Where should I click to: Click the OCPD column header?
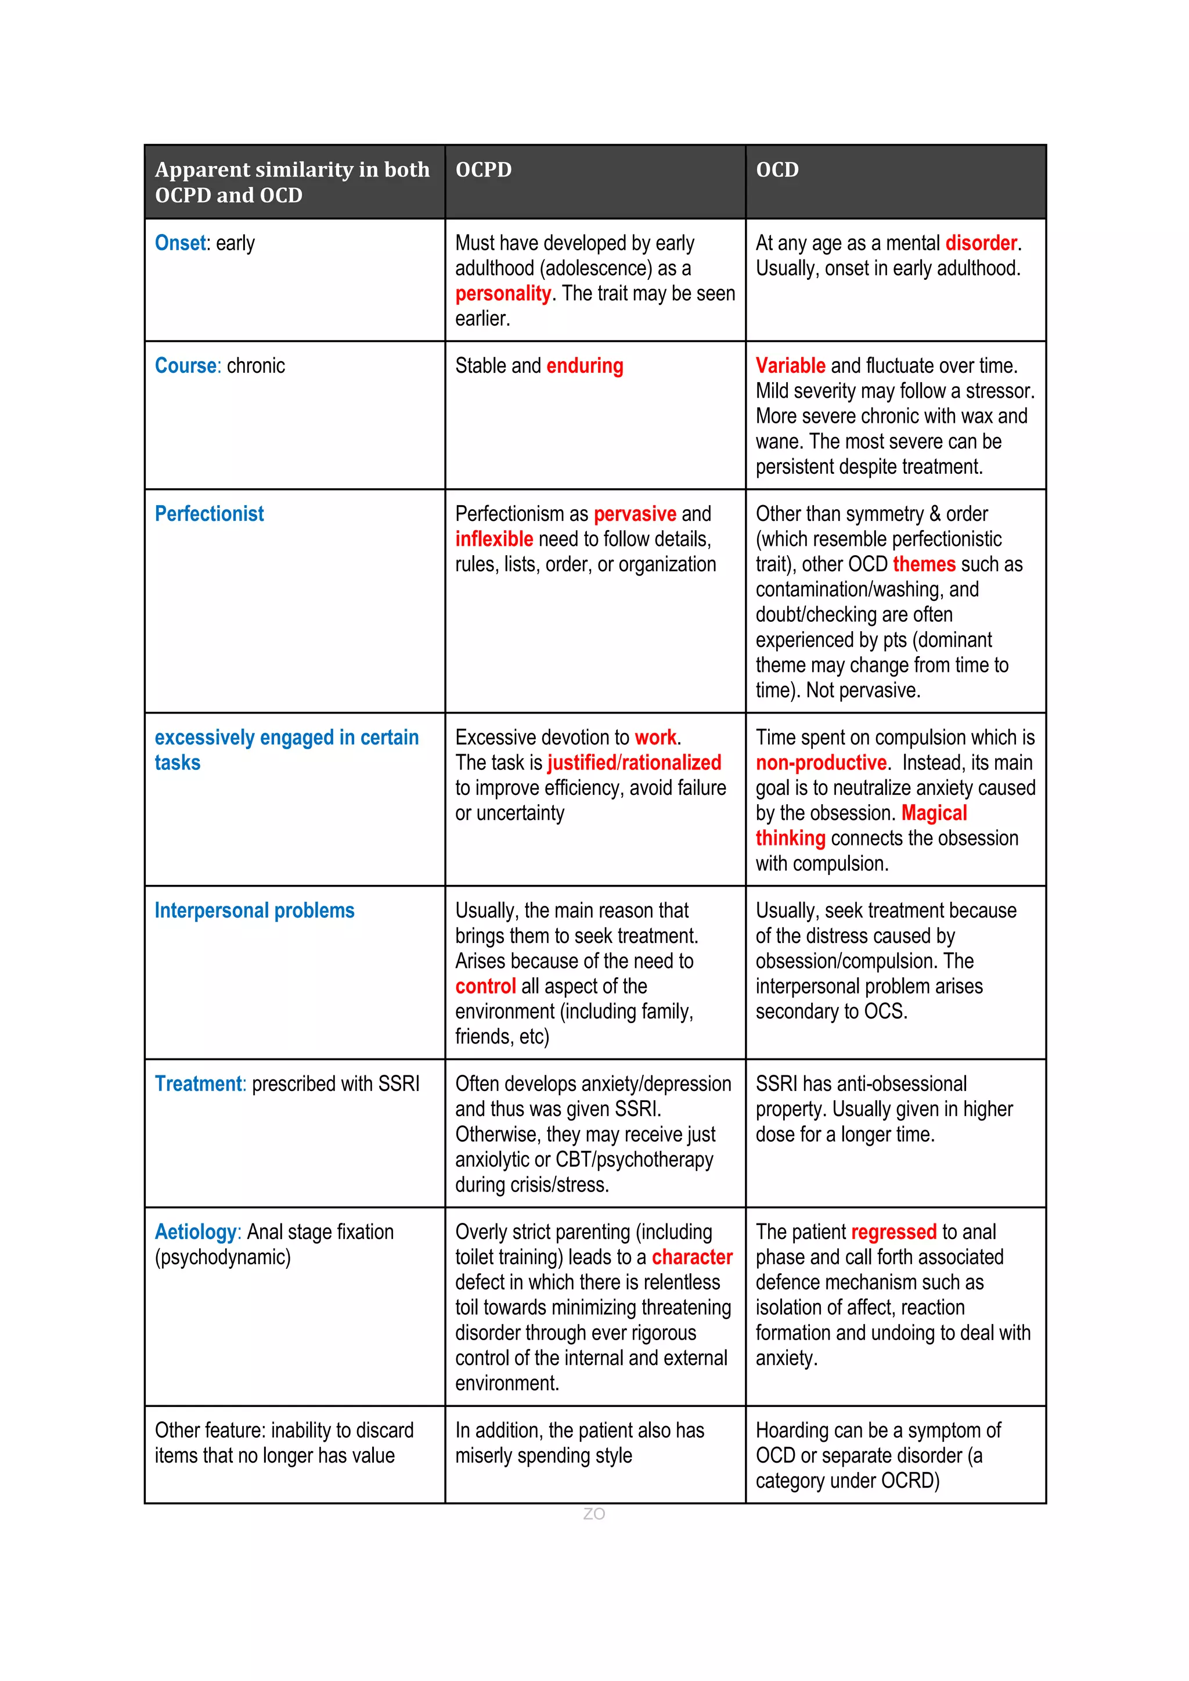[483, 170]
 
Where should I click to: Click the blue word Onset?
[180, 243]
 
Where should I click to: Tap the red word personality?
[502, 294]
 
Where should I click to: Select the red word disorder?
[981, 243]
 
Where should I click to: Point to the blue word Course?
[186, 365]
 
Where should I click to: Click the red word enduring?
[584, 365]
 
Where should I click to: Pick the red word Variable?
[790, 365]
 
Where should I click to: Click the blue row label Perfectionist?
[210, 514]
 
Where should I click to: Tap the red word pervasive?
[635, 514]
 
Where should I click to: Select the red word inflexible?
[493, 539]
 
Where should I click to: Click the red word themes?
[924, 564]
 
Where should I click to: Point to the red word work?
[655, 737]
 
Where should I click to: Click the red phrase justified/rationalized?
[634, 763]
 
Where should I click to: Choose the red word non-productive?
[821, 763]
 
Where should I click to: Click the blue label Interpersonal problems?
[254, 911]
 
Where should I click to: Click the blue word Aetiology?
[196, 1232]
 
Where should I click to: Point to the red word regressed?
[893, 1232]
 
